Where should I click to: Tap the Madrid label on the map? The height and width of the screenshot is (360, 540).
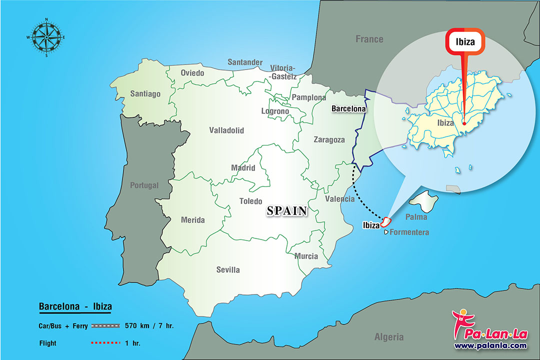click(x=243, y=168)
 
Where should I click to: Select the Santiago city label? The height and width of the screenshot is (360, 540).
click(x=145, y=93)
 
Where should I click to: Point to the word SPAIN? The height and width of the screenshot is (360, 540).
click(x=286, y=211)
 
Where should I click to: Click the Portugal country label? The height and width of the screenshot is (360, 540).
click(x=144, y=185)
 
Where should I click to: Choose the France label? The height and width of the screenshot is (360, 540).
click(x=369, y=39)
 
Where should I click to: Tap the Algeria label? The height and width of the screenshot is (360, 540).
click(x=389, y=336)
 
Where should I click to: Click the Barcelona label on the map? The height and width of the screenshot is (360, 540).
click(x=348, y=108)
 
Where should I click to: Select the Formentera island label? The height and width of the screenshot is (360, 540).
click(x=409, y=232)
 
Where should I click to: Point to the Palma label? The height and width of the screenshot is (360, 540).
click(x=416, y=217)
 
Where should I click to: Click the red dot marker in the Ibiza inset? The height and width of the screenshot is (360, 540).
click(x=464, y=123)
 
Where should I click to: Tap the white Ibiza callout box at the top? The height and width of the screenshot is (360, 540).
click(x=465, y=42)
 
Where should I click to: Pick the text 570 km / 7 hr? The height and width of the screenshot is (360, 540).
click(x=150, y=326)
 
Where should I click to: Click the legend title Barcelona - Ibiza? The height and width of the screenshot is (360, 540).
click(x=75, y=306)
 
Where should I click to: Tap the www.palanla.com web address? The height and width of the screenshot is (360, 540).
click(x=490, y=345)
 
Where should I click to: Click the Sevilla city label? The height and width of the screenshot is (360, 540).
click(x=228, y=269)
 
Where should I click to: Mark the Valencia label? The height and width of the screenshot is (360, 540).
click(x=339, y=198)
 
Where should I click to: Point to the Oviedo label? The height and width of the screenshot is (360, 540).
click(x=192, y=73)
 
